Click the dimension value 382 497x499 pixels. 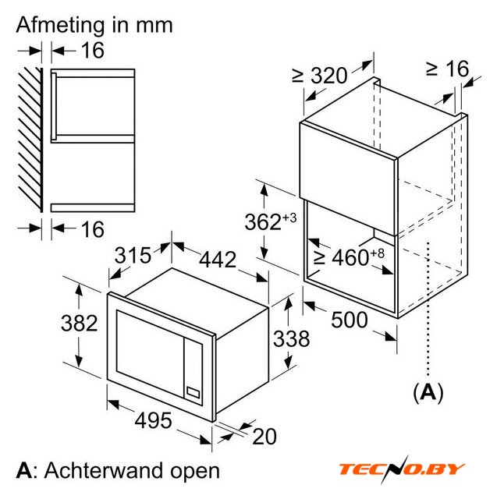pyautogui.click(x=80, y=323)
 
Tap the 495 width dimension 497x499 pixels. pyautogui.click(x=153, y=420)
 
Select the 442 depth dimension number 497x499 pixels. pyautogui.click(x=218, y=260)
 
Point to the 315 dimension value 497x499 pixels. pyautogui.click(x=133, y=255)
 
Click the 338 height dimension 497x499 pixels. pyautogui.click(x=291, y=338)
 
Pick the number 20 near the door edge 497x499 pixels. pyautogui.click(x=264, y=437)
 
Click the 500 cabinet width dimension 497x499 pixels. pyautogui.click(x=350, y=320)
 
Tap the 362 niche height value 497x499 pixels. pyautogui.click(x=270, y=221)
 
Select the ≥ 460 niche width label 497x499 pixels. pyautogui.click(x=349, y=257)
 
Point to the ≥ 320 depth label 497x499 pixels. pyautogui.click(x=319, y=76)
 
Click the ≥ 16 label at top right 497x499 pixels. pyautogui.click(x=448, y=69)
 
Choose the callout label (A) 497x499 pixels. pyautogui.click(x=428, y=392)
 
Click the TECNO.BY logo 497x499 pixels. pyautogui.click(x=402, y=469)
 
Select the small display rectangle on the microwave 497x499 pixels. pyautogui.click(x=193, y=392)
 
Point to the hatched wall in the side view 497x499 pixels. pyautogui.click(x=30, y=140)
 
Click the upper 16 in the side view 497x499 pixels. pyautogui.click(x=92, y=50)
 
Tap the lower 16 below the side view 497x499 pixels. pyautogui.click(x=92, y=229)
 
